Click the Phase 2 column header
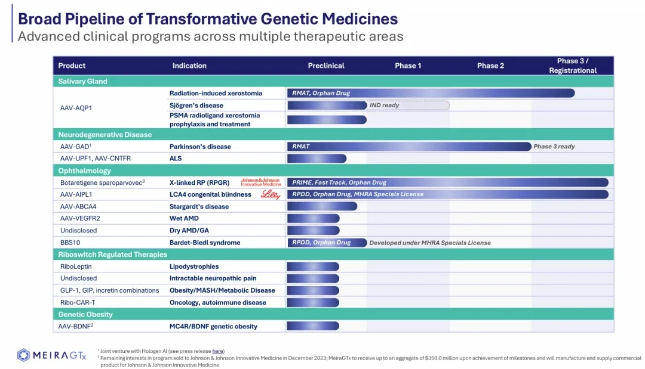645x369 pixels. [x=490, y=66]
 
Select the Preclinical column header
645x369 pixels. [x=326, y=66]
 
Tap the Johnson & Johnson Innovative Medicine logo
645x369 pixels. [x=261, y=182]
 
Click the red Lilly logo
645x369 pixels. [x=271, y=194]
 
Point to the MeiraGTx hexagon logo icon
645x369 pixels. [x=23, y=355]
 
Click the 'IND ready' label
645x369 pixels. [x=384, y=105]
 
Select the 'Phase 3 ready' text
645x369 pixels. [x=554, y=147]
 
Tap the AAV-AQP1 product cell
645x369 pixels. [x=76, y=108]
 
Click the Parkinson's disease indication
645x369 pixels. [x=200, y=147]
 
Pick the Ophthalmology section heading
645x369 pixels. [x=84, y=170]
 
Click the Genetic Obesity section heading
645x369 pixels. [x=85, y=314]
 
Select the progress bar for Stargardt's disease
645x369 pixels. [x=322, y=206]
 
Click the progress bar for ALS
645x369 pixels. [x=317, y=159]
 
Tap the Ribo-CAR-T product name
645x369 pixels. [x=78, y=302]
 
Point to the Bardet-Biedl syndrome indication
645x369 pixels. [x=205, y=243]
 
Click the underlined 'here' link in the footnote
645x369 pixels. [x=217, y=351]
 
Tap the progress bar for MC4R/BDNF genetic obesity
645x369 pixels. [x=313, y=326]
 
